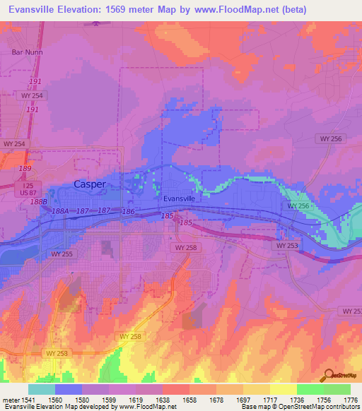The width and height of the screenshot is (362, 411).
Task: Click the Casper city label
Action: [90, 184]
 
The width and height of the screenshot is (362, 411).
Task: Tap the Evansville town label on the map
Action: [179, 199]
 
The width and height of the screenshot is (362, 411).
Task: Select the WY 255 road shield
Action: [62, 253]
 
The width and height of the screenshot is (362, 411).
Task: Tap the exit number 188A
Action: [61, 210]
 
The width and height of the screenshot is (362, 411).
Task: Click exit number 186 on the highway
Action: [128, 212]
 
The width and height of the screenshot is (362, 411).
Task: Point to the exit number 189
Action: [25, 169]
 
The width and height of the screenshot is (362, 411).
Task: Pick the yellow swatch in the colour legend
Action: [283, 389]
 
